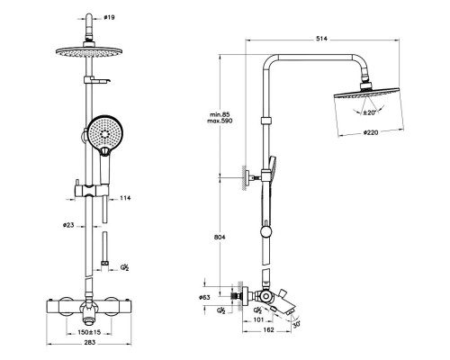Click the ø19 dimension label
(109, 18)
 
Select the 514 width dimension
(322, 39)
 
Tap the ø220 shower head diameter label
(371, 132)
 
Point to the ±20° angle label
(369, 112)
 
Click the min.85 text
(220, 114)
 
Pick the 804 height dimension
(220, 237)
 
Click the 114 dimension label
(125, 198)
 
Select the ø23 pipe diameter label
(68, 225)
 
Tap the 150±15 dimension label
(89, 332)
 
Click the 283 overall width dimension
(89, 342)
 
